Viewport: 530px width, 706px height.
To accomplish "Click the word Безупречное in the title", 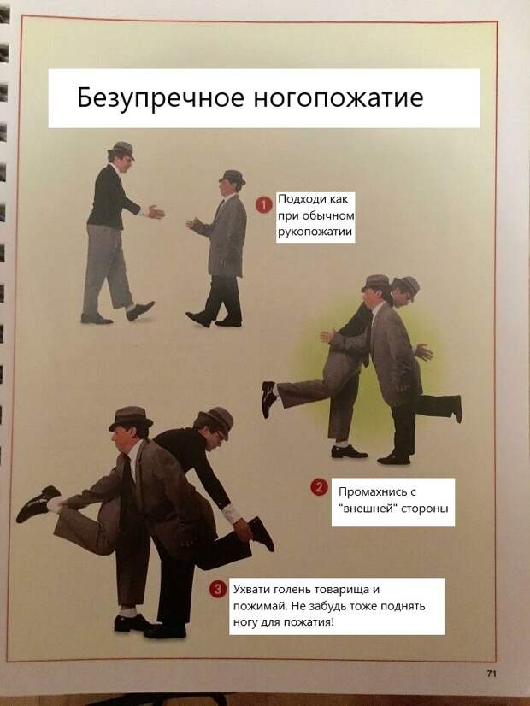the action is click(x=162, y=98).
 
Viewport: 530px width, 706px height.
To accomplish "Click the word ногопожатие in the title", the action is click(x=339, y=97).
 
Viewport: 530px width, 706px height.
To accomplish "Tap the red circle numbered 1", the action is click(x=264, y=205).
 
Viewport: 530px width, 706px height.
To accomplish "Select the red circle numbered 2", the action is click(x=319, y=487).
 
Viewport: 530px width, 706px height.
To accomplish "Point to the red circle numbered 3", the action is click(x=217, y=589).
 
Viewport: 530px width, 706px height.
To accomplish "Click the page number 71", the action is click(x=492, y=674).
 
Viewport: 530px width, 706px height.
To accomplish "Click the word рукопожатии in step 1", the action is click(x=315, y=232).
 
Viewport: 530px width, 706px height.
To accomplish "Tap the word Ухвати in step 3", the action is click(x=250, y=590).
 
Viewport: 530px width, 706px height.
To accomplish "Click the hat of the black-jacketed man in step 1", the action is click(x=121, y=150).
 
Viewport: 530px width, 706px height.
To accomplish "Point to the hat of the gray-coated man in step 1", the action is click(x=233, y=176).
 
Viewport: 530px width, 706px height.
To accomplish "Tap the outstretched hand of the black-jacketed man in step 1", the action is click(x=156, y=211).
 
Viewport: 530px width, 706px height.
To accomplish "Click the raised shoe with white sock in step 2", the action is click(x=269, y=398).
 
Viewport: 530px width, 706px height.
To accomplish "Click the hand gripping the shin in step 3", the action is click(x=243, y=530).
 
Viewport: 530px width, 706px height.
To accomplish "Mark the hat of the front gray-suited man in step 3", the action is click(x=131, y=418).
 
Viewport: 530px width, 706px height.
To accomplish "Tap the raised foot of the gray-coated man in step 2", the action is click(x=457, y=409).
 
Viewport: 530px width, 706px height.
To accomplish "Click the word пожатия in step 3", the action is click(x=314, y=622).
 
